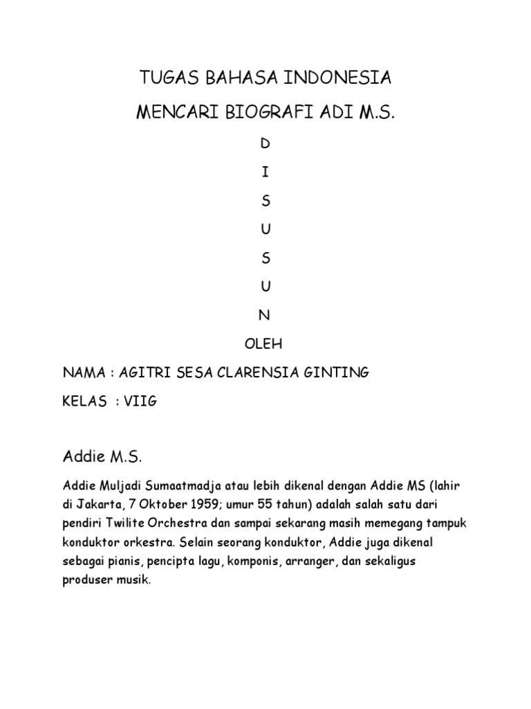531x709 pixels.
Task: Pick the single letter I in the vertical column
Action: click(x=265, y=172)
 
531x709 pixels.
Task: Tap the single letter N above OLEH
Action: click(x=265, y=315)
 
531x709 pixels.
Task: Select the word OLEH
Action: click(x=265, y=343)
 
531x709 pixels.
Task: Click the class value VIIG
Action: click(x=141, y=402)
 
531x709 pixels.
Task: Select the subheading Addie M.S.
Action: click(x=102, y=457)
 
